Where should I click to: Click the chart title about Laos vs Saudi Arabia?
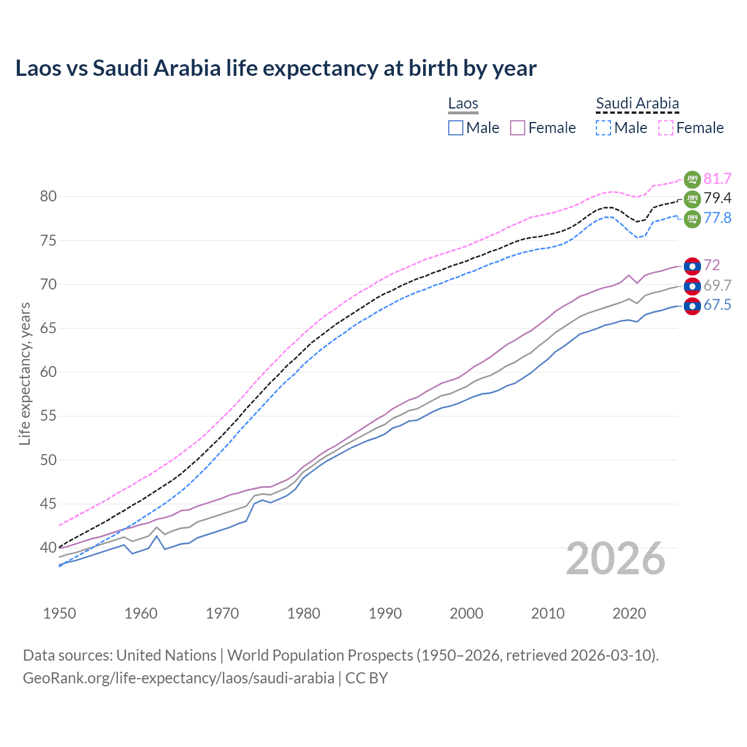tap(275, 68)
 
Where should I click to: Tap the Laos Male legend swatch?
tap(456, 128)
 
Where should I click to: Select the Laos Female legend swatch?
tap(518, 128)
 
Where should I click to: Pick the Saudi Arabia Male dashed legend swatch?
tap(603, 128)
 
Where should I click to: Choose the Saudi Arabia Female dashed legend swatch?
tap(666, 128)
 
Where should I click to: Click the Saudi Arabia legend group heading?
tap(637, 104)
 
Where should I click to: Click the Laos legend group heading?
tap(463, 104)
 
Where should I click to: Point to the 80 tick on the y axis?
tap(48, 197)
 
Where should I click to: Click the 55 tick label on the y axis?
tap(48, 416)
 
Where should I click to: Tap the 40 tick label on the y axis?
tap(48, 547)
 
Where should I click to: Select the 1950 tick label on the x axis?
tap(60, 613)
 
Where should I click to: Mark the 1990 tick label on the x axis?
tap(385, 613)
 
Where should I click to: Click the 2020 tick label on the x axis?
tap(629, 613)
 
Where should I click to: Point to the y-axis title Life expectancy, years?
tap(25, 373)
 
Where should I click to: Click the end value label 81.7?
tap(717, 179)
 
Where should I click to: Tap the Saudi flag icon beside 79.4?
tap(692, 199)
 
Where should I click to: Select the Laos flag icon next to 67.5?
tap(692, 306)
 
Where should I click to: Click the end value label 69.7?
tap(717, 285)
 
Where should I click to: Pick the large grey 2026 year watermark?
tap(616, 558)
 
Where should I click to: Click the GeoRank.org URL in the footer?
tap(179, 678)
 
